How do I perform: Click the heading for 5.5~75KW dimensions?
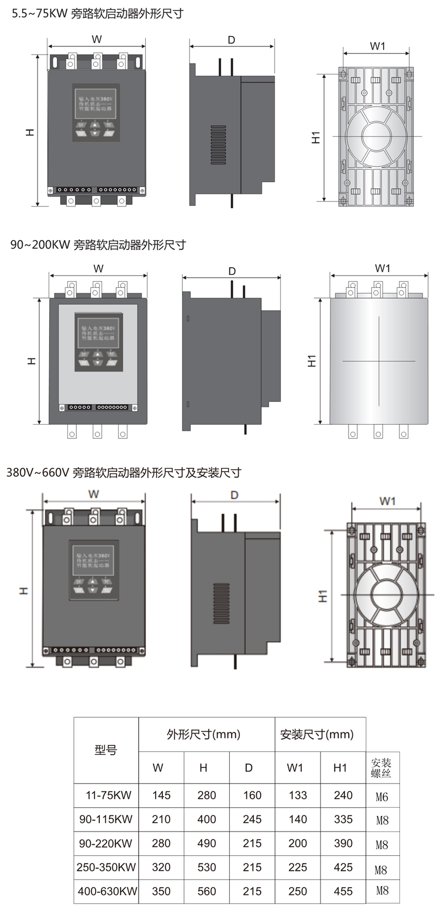point(98,14)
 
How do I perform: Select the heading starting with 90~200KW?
point(98,245)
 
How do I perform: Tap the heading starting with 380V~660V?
point(124,473)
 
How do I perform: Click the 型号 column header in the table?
point(106,750)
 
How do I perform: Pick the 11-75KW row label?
point(108,796)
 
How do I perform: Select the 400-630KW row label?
point(107,891)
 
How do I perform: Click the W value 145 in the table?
point(161,796)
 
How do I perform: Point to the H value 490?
point(207,843)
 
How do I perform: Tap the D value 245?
point(252,819)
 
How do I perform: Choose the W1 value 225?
point(298,867)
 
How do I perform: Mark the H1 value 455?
point(343,891)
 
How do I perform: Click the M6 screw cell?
point(382,797)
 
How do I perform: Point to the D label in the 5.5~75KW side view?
point(231,40)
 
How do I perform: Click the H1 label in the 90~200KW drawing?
point(312,361)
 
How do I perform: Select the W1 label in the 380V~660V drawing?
point(387,501)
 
